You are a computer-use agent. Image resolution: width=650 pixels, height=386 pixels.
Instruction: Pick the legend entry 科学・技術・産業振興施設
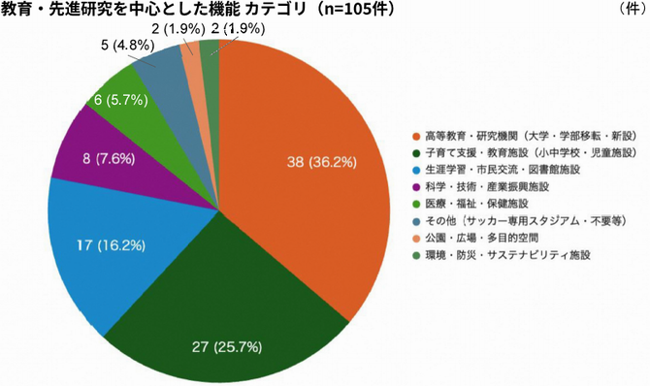coord(491,187)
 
